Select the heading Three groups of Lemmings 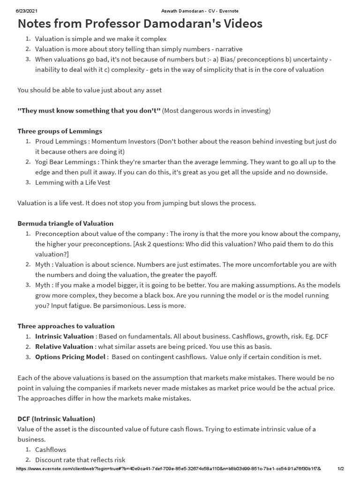(x=60, y=131)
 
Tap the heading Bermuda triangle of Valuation (x=66, y=223)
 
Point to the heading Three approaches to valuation (x=66, y=326)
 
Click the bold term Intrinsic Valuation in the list (x=64, y=336)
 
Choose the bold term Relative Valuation (x=64, y=346)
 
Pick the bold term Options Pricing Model (x=70, y=357)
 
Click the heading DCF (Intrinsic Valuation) (x=56, y=419)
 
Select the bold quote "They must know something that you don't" (x=89, y=110)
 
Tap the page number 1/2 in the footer (x=341, y=469)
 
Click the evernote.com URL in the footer (x=168, y=469)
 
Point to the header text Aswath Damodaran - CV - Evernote (x=180, y=11)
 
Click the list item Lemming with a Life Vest (x=73, y=182)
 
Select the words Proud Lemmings (x=61, y=141)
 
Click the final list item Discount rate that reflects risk (x=80, y=460)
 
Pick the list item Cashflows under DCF (x=51, y=450)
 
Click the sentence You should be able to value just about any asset (x=90, y=90)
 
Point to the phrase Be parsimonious (x=121, y=305)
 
